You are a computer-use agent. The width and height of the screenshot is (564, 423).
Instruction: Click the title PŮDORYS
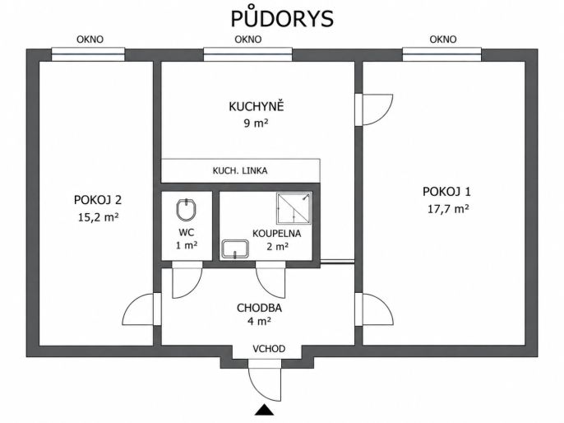click(x=282, y=18)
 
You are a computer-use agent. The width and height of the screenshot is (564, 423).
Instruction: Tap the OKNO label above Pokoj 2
click(x=90, y=40)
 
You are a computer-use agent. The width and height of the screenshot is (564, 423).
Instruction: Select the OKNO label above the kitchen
click(x=247, y=40)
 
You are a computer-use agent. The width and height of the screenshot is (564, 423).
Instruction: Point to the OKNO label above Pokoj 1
click(x=443, y=40)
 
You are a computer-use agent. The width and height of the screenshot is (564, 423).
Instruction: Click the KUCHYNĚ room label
click(x=257, y=106)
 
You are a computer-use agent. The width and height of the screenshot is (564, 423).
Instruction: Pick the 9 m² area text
click(x=257, y=123)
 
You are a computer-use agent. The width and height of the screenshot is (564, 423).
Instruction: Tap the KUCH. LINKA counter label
click(x=240, y=170)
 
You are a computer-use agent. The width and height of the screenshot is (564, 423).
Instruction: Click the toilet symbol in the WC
click(x=186, y=210)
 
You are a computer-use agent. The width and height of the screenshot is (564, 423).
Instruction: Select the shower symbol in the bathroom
click(x=294, y=208)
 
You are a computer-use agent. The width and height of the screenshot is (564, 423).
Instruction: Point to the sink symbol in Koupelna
click(x=235, y=249)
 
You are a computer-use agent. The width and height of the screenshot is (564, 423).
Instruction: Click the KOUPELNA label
click(x=276, y=233)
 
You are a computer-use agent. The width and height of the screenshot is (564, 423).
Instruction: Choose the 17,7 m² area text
click(x=448, y=209)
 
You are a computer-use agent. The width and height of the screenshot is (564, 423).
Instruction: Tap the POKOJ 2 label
click(x=98, y=200)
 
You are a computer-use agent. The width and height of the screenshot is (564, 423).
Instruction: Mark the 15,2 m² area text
click(x=99, y=217)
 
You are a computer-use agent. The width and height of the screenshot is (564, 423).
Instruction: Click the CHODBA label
click(x=259, y=308)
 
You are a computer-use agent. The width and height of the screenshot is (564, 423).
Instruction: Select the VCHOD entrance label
click(x=269, y=349)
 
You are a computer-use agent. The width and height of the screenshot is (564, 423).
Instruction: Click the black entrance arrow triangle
click(x=265, y=410)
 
